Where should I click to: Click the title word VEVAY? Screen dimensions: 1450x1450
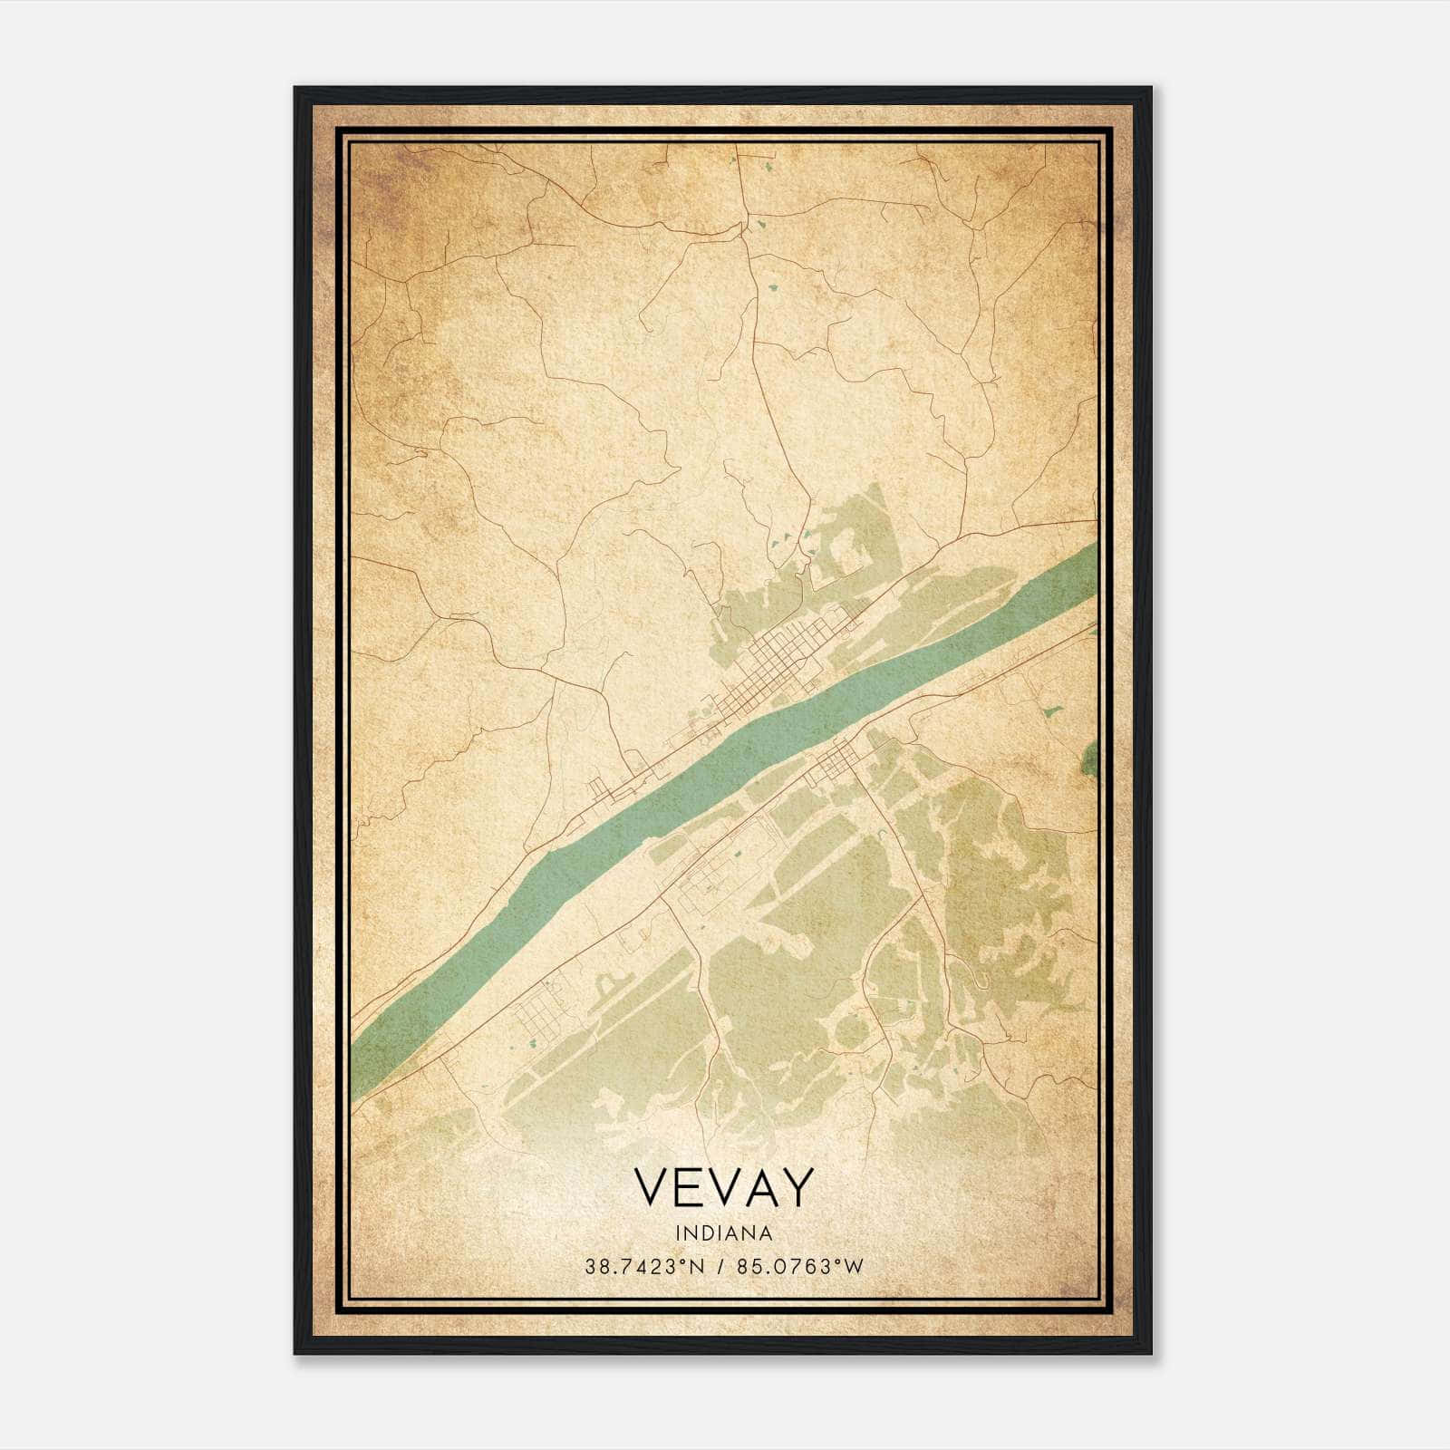coord(723,1187)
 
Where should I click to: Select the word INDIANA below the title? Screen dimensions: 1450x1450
coord(723,1233)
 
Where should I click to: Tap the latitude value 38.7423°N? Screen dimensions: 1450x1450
coord(643,1267)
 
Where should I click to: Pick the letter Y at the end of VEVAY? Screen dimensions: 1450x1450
coord(795,1187)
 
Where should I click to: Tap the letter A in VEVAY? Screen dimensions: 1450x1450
coord(758,1187)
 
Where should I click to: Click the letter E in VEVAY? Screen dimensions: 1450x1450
coord(687,1187)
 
